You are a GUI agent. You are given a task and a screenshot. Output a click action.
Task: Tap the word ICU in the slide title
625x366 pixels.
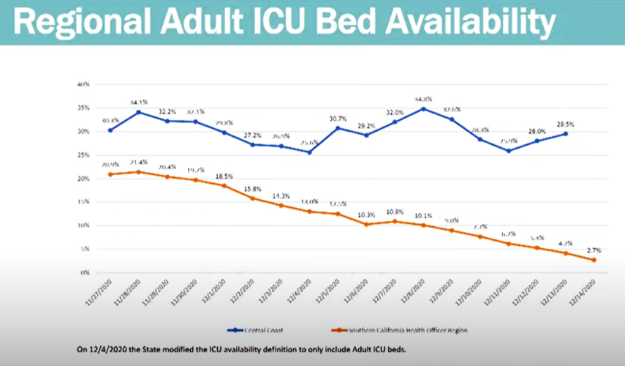[x=268, y=23]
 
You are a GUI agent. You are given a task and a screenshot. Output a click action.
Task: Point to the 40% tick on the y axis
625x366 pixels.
[x=83, y=84]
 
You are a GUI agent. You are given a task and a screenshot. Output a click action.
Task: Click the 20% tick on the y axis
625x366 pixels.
[x=83, y=179]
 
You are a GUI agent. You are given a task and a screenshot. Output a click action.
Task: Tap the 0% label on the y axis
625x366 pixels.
[x=84, y=272]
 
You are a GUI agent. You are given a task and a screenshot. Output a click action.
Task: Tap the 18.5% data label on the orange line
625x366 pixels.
[x=223, y=176]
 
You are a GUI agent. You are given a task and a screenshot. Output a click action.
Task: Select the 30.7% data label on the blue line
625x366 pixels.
[x=337, y=119]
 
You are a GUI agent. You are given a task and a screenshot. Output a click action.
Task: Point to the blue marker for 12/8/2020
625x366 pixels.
[x=423, y=109]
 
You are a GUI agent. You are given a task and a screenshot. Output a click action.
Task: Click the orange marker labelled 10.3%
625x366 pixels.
[x=366, y=224]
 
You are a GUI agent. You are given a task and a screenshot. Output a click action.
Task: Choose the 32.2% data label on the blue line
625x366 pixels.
[x=166, y=111]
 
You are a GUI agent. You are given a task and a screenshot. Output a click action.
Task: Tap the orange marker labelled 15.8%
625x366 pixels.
[x=251, y=198]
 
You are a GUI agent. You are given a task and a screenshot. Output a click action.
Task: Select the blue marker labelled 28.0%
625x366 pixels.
[x=537, y=141]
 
